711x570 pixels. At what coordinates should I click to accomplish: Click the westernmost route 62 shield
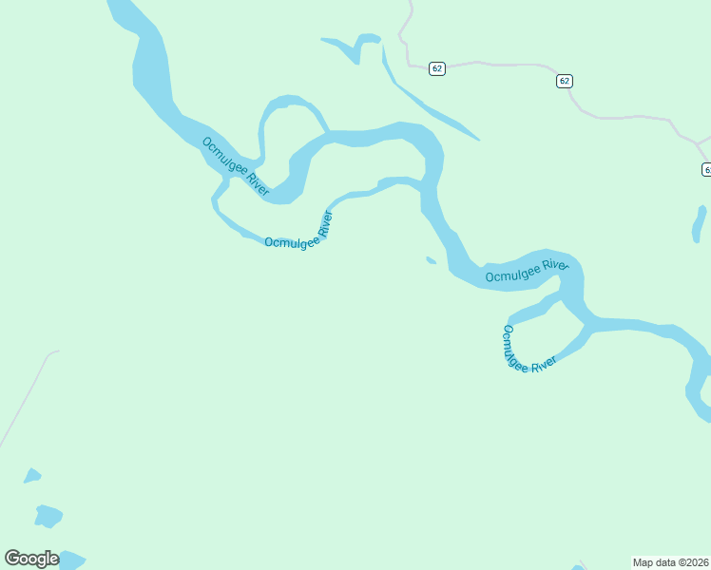pos(436,68)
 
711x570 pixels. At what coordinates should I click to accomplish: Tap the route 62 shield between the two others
pos(565,81)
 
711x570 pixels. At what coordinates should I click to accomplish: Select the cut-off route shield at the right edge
pos(706,169)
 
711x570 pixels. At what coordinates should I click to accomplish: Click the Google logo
pos(31,559)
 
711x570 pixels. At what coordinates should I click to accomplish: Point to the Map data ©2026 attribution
pos(671,562)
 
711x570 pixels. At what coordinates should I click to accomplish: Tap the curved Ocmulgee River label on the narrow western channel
pos(298,235)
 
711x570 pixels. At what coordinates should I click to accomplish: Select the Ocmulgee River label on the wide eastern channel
pos(527,271)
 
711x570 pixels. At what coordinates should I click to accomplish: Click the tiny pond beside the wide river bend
pos(431,259)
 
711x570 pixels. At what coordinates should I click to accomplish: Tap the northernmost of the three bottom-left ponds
pos(32,475)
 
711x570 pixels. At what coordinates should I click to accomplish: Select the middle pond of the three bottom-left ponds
pos(48,516)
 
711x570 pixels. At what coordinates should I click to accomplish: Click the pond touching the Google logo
pos(70,559)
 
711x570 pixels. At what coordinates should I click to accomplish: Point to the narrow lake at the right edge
pos(699,224)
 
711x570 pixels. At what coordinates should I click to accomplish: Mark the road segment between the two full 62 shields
pos(504,65)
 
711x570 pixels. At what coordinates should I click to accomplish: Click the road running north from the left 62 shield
pos(405,33)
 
